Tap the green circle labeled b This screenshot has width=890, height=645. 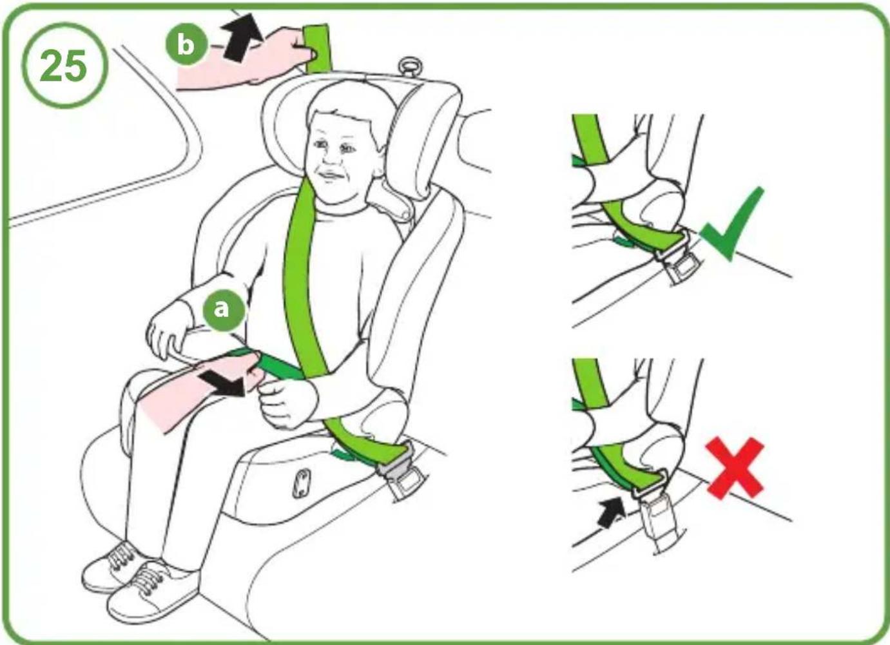pos(186,44)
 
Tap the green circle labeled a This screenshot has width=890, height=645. pos(222,309)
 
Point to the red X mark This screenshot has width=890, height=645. pos(735,467)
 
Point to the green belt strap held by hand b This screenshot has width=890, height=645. pos(317,48)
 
